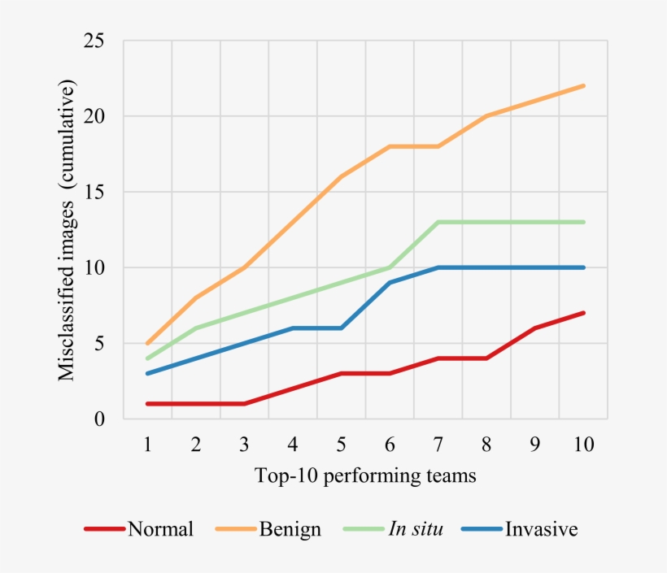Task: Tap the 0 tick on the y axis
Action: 98,419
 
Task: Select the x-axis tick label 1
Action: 147,445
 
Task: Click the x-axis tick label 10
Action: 582,445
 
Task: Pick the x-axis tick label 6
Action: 390,445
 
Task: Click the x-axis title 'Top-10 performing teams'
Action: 365,475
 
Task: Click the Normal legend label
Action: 160,529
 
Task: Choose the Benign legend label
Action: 290,529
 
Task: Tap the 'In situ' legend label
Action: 416,529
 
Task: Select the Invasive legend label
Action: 542,529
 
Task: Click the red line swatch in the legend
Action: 104,529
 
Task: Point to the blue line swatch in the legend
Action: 482,529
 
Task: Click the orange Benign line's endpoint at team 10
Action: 584,86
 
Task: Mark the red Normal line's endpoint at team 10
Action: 584,313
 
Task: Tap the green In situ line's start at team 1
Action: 147,358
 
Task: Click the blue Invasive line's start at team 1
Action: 147,374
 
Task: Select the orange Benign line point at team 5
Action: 341,176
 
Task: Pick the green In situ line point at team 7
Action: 438,222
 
